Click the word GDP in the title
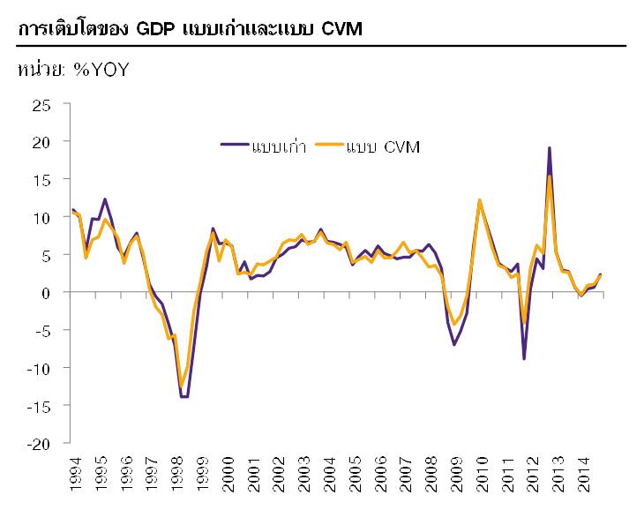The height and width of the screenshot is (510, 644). [x=155, y=29]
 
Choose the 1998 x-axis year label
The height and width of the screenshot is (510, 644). [x=180, y=471]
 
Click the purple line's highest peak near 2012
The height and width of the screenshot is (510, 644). [x=550, y=148]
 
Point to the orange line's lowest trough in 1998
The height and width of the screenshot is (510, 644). [x=181, y=386]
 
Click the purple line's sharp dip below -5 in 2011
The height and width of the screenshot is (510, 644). [x=524, y=358]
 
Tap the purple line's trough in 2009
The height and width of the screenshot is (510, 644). [x=454, y=344]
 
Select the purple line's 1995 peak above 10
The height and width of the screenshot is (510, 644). [x=105, y=199]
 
